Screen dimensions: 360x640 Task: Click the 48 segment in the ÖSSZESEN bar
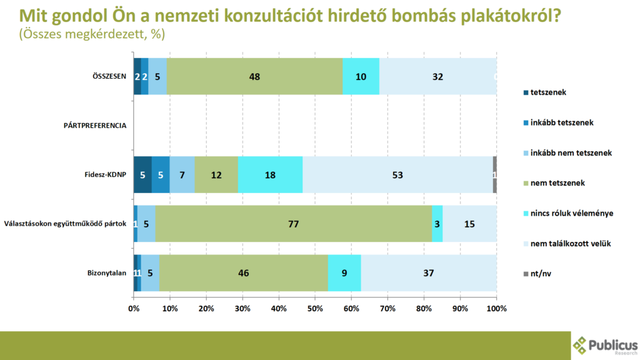click(x=255, y=76)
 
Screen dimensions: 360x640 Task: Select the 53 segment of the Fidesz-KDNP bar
click(x=397, y=175)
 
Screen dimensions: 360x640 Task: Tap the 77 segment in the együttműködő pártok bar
click(x=293, y=223)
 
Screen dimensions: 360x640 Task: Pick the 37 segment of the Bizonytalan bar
click(x=428, y=272)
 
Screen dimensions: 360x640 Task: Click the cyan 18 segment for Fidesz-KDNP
click(x=271, y=175)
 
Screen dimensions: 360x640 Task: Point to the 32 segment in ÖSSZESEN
click(x=437, y=76)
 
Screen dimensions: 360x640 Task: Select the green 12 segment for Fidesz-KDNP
click(x=216, y=175)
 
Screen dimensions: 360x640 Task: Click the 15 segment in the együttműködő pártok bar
click(x=469, y=223)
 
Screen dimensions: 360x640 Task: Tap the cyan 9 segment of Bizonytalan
click(x=344, y=272)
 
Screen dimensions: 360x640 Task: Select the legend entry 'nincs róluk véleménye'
click(x=571, y=213)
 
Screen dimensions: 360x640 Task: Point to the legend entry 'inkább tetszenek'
click(x=561, y=122)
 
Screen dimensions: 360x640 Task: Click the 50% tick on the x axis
click(x=315, y=308)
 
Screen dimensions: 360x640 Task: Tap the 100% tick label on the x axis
click(x=496, y=308)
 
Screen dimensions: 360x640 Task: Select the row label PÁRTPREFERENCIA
click(x=95, y=126)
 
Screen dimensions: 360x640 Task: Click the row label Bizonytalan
click(x=107, y=273)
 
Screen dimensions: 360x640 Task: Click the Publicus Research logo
click(x=605, y=344)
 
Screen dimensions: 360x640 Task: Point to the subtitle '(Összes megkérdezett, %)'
click(x=92, y=35)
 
